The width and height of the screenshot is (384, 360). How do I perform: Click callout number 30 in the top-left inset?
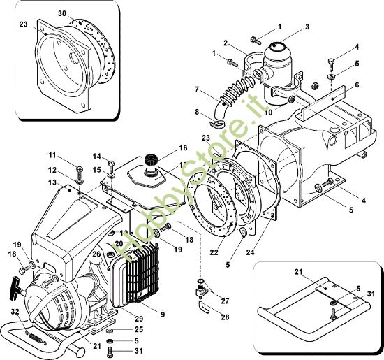pos(61,13)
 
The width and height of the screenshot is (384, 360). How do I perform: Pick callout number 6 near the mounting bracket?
pos(356,85)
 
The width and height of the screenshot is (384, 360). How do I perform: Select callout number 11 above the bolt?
pos(52,154)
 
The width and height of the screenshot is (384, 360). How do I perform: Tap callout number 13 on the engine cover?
pos(52,182)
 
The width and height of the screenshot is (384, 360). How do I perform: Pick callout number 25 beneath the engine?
pos(139,329)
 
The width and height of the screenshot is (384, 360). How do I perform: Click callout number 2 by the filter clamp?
pos(226,43)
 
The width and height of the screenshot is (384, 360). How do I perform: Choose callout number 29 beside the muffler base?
pos(140,319)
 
